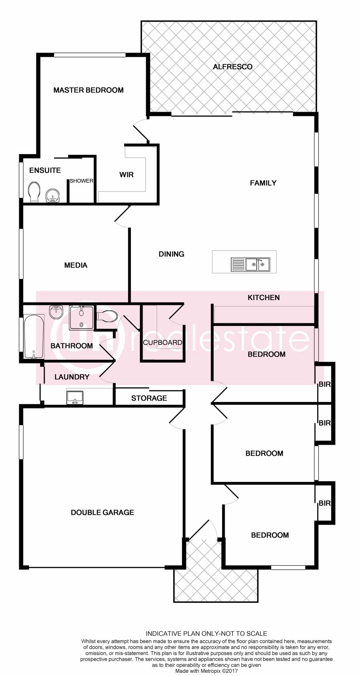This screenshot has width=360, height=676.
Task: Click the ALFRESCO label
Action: (x=232, y=67)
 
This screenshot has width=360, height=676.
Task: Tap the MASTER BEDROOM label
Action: (x=88, y=90)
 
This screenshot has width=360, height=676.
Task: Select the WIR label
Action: (x=126, y=175)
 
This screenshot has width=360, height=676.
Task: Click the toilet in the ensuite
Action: (x=34, y=192)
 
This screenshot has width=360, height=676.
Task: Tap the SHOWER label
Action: (x=82, y=181)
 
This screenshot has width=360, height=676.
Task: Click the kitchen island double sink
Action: (x=250, y=265)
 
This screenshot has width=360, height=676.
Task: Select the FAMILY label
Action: (x=263, y=183)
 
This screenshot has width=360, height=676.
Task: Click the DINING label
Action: (x=171, y=254)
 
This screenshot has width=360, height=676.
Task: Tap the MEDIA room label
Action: (x=76, y=265)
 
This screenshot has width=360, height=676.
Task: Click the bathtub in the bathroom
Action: (x=34, y=336)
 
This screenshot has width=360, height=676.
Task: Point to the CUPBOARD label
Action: (x=162, y=343)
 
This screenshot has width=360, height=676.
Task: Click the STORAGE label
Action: (x=149, y=398)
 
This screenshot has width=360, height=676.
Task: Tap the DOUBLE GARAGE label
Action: (x=102, y=512)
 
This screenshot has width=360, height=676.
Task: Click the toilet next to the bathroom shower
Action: (x=107, y=316)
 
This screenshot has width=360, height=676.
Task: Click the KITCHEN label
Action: (x=264, y=297)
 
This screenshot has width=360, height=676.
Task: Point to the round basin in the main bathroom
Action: (x=56, y=312)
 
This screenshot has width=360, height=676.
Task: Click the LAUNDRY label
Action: (x=72, y=377)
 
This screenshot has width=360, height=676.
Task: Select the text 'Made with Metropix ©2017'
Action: (x=206, y=671)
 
